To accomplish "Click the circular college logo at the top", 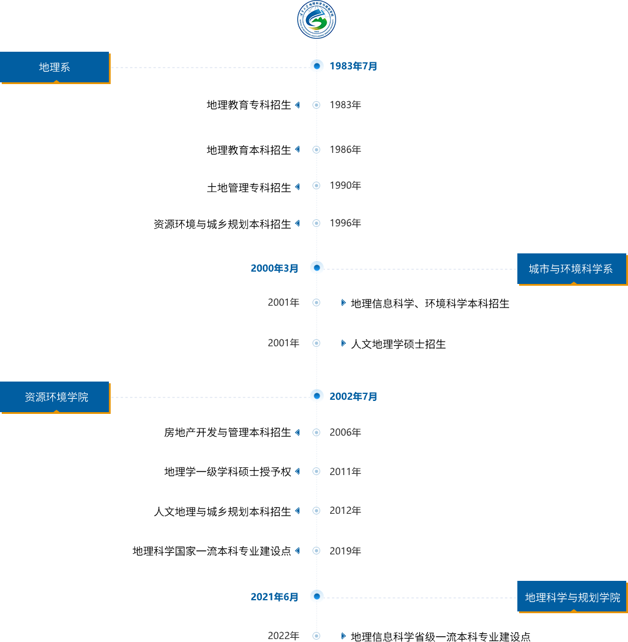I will coord(317,20).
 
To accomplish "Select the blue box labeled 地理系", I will coord(55,67).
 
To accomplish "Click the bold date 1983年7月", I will coord(353,66).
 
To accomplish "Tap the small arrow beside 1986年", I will coord(297,149).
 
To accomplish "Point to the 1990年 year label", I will coord(345,186).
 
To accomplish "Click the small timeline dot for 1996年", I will coord(317,223).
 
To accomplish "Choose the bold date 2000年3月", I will coord(275,268).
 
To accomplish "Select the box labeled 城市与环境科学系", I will coord(571,269).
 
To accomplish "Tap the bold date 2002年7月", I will coord(353,397).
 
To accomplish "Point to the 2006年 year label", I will coord(345,433).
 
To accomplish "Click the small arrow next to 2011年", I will coord(297,472).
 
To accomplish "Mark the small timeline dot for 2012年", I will coord(317,511).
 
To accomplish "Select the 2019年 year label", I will coord(345,551).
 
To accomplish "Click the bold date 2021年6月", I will coord(275,597).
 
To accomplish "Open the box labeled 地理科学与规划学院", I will coord(572,598).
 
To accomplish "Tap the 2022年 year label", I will coord(284,636).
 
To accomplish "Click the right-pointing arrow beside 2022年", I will coord(344,636).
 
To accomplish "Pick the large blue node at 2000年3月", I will coord(317,268).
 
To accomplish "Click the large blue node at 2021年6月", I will coord(317,597).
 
